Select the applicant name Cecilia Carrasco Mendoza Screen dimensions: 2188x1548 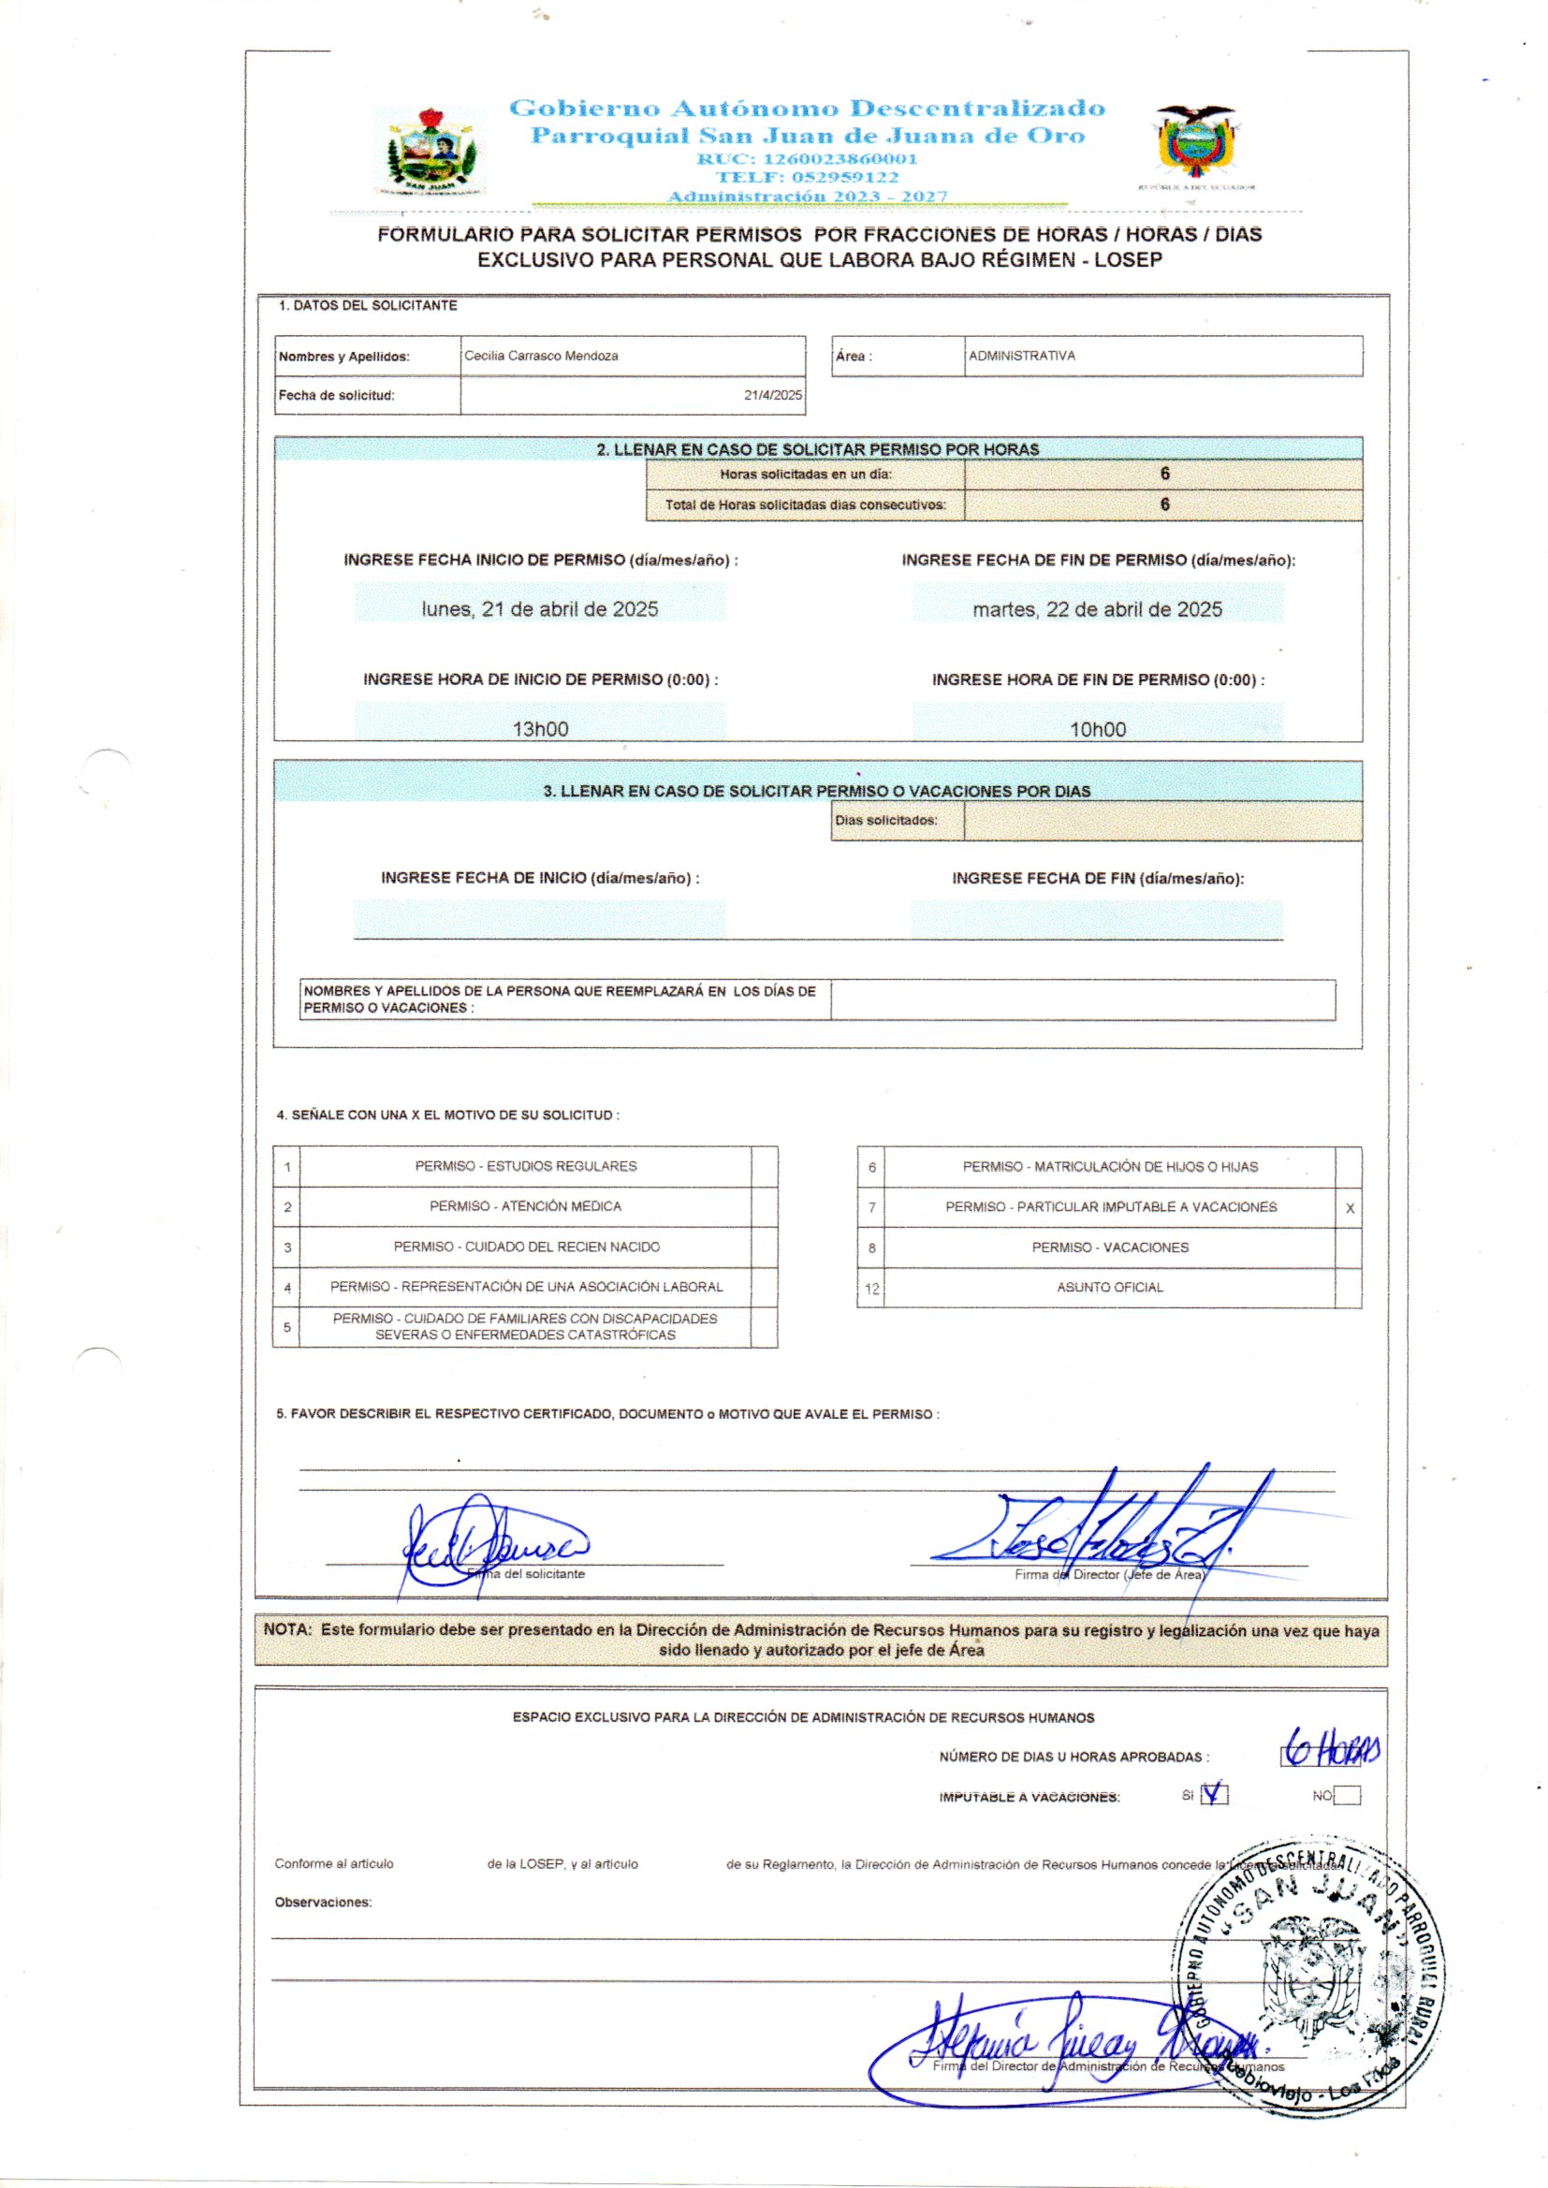(540, 357)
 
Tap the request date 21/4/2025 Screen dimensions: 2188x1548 (773, 396)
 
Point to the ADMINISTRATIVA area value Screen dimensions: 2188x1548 (1022, 357)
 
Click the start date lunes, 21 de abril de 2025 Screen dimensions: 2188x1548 (539, 609)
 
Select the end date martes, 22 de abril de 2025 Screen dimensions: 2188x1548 (1097, 609)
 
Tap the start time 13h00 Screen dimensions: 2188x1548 (539, 729)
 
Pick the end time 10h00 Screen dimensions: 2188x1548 (1097, 729)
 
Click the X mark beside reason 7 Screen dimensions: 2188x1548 (1349, 1208)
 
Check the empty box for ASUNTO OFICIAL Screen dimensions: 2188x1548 (1348, 1288)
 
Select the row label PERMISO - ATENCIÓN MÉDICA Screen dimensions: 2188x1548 (524, 1206)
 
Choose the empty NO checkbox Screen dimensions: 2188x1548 (1347, 1796)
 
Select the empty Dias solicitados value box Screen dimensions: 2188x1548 (1162, 821)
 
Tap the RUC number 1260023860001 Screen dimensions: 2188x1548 (807, 159)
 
